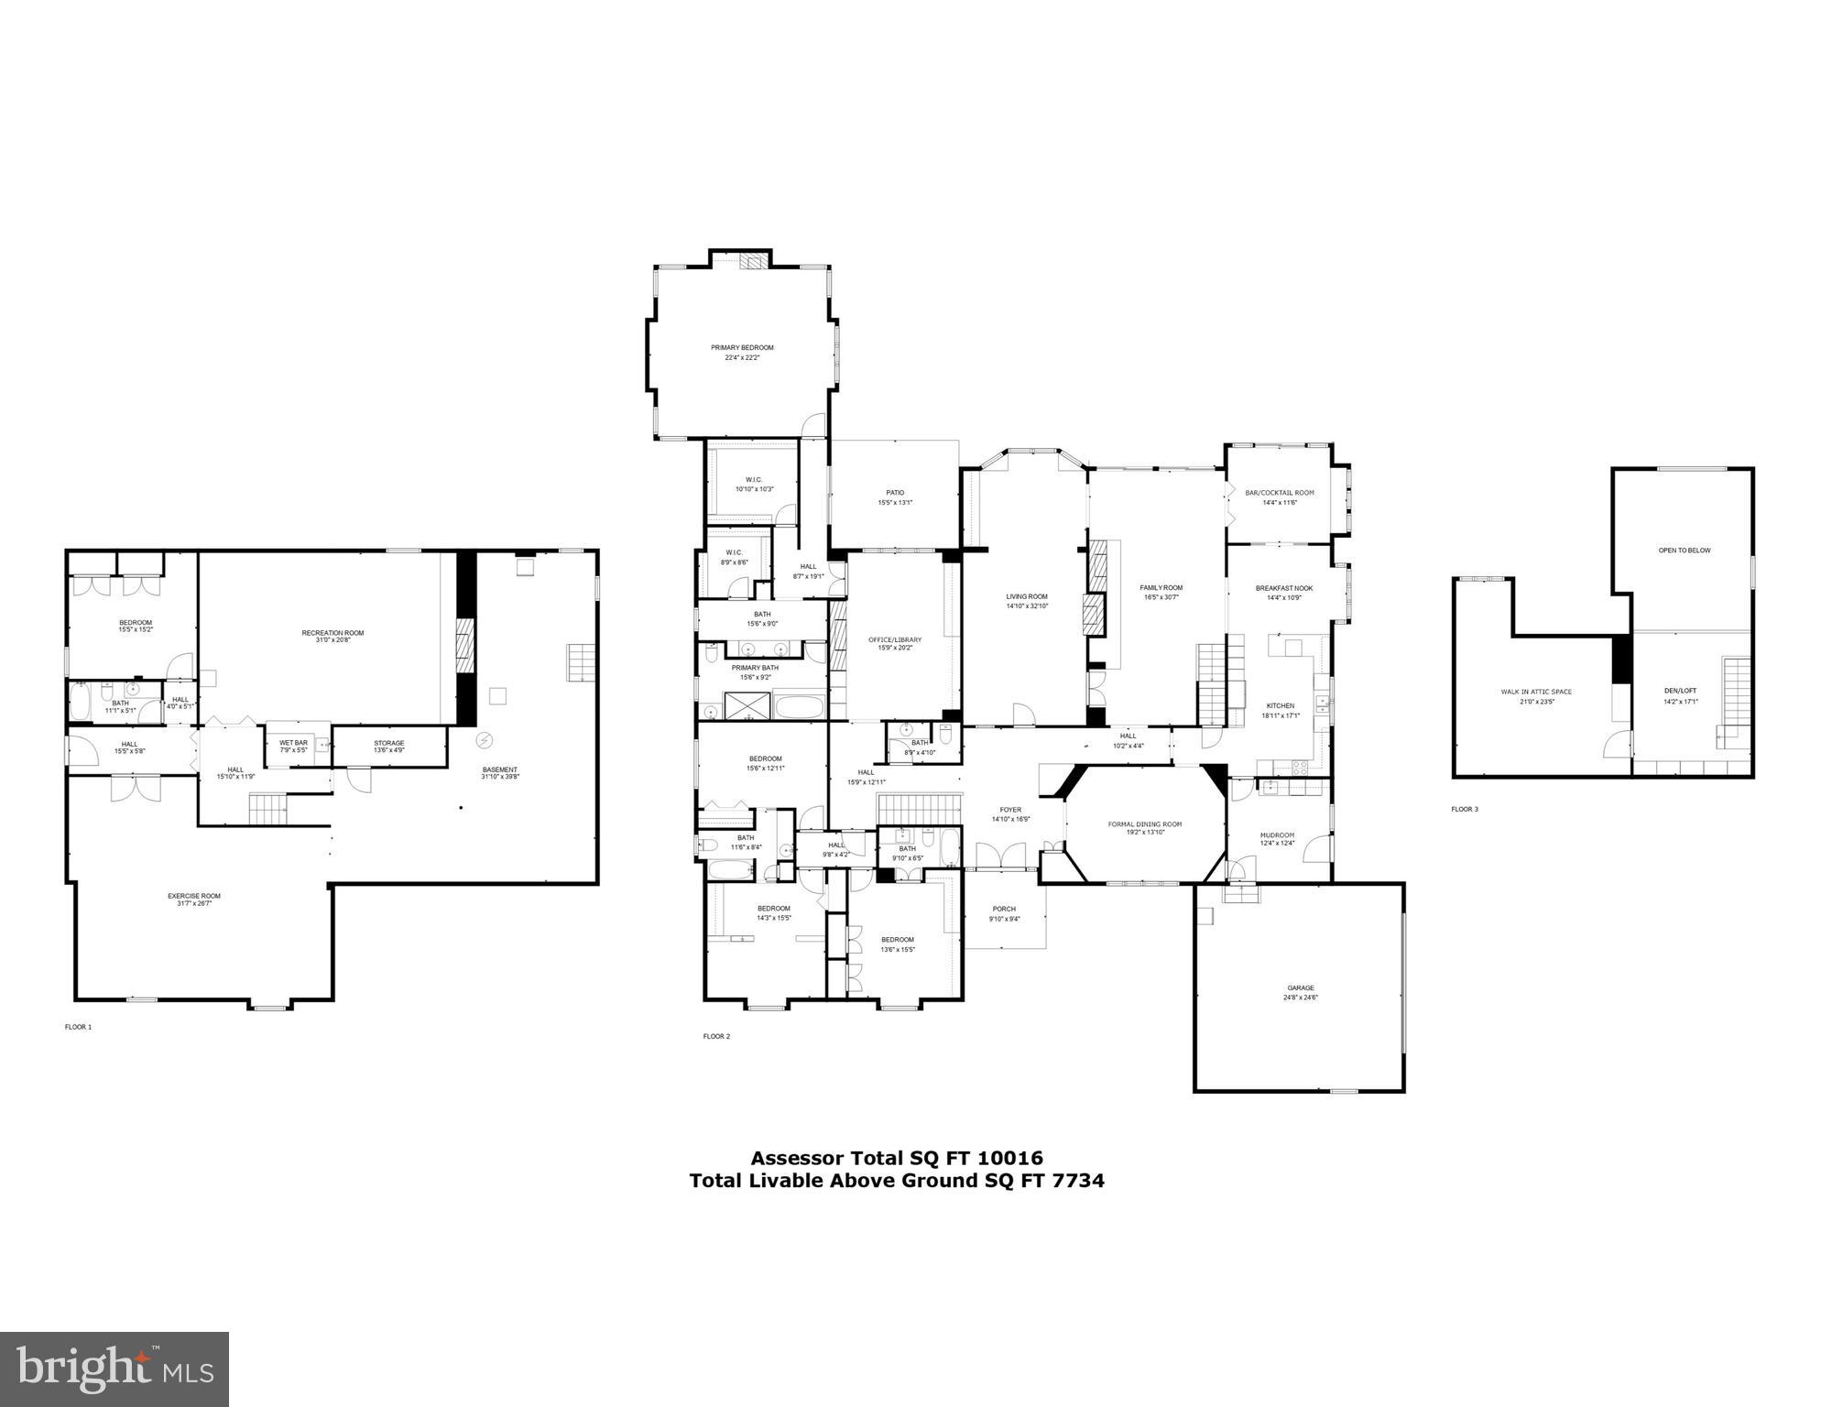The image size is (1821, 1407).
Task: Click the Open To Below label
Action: click(1684, 551)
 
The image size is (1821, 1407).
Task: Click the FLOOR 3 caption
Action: click(1464, 809)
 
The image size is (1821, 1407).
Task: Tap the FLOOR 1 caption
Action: click(78, 1027)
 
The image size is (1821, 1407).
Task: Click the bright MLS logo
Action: click(114, 1369)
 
